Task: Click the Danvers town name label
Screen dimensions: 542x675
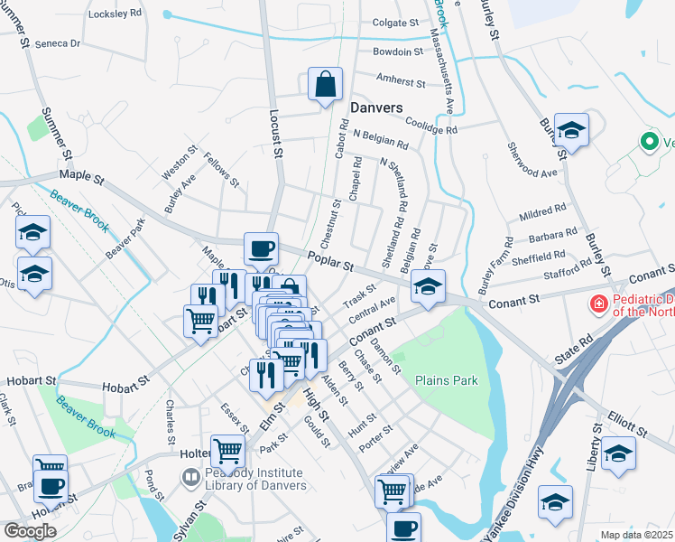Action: click(x=375, y=107)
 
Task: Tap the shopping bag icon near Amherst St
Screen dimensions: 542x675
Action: click(x=325, y=85)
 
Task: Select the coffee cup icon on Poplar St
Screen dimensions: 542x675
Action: click(x=262, y=248)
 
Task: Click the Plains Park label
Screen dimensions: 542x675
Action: click(x=446, y=380)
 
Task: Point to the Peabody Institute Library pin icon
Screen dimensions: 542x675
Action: click(x=191, y=476)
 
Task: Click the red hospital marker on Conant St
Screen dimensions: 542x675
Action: click(x=596, y=304)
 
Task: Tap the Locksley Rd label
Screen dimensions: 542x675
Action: click(x=116, y=14)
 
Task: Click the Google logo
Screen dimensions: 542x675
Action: click(x=31, y=530)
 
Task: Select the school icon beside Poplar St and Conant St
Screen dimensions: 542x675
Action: click(x=428, y=289)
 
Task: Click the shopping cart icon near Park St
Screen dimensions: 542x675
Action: click(x=228, y=448)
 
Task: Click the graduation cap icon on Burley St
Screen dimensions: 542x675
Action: click(x=571, y=133)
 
